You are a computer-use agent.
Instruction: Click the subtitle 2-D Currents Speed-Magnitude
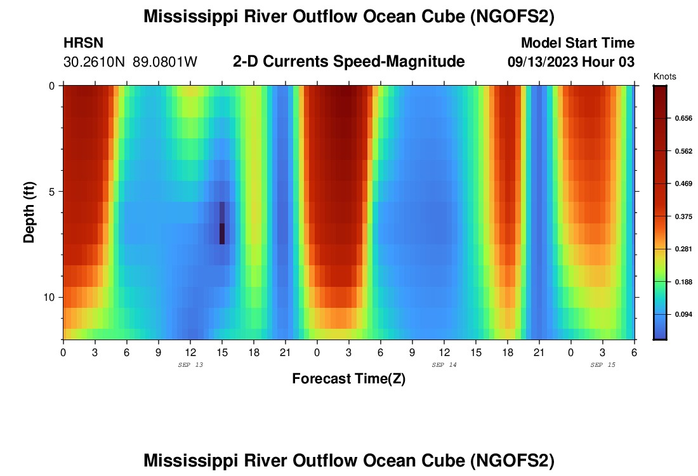pos(349,62)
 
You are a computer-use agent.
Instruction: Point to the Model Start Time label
pos(577,43)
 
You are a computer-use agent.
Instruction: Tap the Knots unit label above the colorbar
pos(664,77)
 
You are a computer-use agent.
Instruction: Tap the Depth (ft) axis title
pos(29,213)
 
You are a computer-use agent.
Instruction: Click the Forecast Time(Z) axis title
pos(348,379)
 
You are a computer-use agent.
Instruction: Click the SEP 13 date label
pos(190,365)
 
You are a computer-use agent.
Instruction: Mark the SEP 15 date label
pos(602,365)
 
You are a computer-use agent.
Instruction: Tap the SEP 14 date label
pos(444,365)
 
